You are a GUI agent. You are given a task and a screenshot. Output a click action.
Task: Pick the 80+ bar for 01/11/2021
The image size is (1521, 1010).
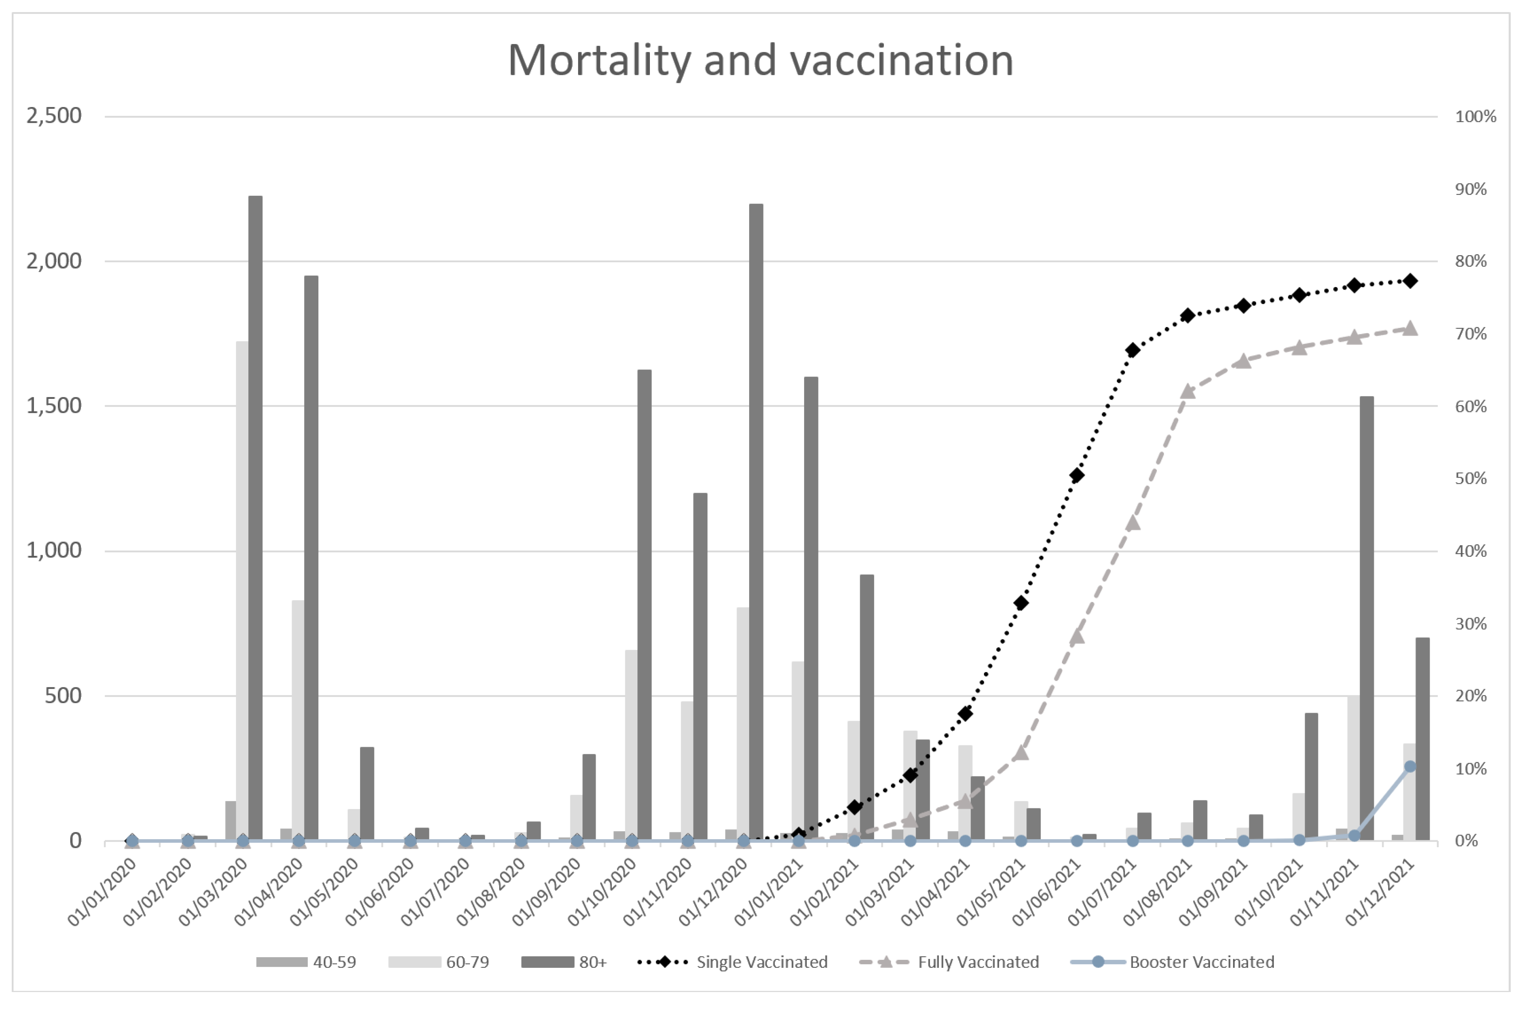pos(1366,618)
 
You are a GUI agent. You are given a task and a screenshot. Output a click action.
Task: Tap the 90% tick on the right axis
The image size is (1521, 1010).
pos(1471,189)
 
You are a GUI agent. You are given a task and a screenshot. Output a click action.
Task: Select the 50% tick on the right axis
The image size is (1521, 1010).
pos(1471,478)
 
